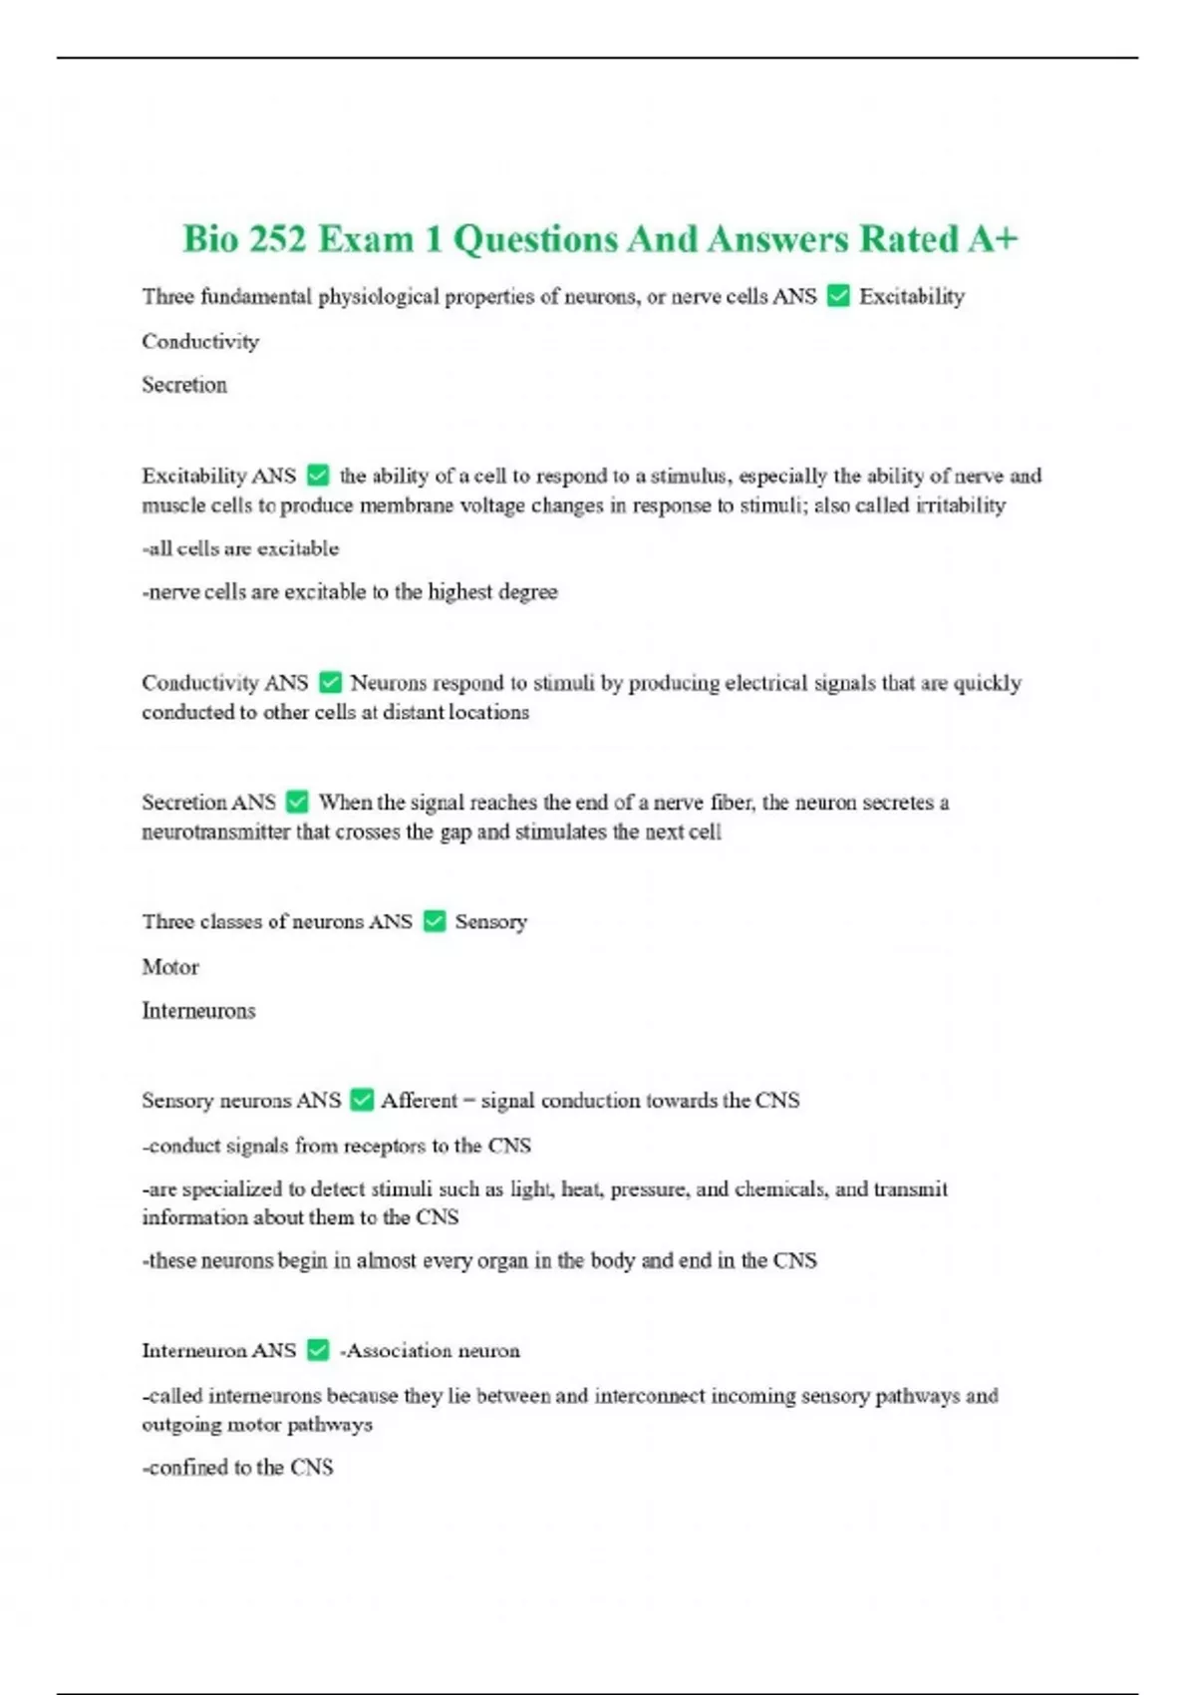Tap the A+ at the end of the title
[991, 239]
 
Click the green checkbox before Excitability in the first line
[838, 296]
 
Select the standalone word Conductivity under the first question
[200, 341]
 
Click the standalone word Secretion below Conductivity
[184, 385]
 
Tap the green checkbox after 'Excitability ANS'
[318, 476]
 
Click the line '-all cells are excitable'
[240, 548]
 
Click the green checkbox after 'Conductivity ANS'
[330, 683]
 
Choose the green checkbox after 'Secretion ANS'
[297, 802]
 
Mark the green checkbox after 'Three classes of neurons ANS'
[434, 921]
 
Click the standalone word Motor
[170, 967]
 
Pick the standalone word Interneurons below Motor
[198, 1011]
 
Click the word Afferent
[419, 1101]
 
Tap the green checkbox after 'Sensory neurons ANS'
[362, 1100]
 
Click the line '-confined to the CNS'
[237, 1468]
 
